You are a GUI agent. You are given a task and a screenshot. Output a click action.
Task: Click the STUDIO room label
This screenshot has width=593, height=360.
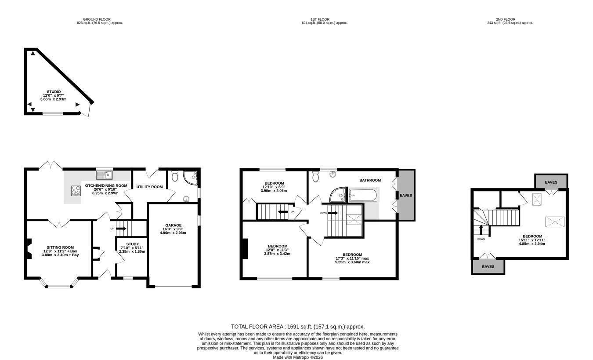point(54,92)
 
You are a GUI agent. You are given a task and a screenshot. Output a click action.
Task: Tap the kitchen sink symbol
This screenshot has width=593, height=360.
point(105,175)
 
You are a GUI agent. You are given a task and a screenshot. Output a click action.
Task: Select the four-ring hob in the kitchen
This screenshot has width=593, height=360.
point(76,190)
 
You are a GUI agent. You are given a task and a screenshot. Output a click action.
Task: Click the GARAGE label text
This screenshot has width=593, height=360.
point(174,225)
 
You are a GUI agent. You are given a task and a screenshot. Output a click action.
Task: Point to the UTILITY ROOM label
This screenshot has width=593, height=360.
point(150,187)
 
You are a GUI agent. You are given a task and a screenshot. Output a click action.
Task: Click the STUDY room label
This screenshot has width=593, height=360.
point(132,244)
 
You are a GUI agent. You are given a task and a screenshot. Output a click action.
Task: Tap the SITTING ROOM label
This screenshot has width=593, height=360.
point(60,247)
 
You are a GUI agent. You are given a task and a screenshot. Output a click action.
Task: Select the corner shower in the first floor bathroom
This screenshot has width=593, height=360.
point(338,195)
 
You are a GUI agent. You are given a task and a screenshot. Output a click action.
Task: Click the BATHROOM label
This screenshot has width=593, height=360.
point(370,180)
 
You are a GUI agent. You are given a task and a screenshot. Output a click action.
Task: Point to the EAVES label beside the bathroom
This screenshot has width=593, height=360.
point(406,195)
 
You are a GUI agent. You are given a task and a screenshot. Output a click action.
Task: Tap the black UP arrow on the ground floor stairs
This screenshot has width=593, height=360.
point(121,228)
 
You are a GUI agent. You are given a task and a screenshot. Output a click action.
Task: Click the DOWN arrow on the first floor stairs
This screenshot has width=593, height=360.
point(333,213)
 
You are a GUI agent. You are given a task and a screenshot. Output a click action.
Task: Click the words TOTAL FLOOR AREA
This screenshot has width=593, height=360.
point(257,327)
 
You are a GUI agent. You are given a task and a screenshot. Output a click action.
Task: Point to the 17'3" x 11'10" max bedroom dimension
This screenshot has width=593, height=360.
point(352,258)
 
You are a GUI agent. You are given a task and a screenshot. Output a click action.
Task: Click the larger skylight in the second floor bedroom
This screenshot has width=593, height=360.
point(555,222)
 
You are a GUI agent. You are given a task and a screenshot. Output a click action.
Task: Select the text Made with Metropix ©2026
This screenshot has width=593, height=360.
point(298,357)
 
